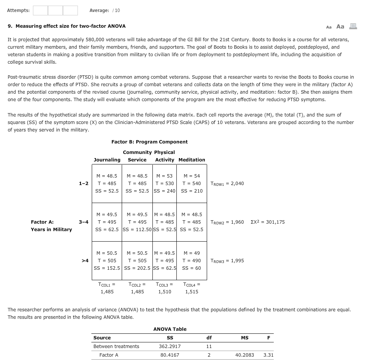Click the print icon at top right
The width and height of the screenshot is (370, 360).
(x=353, y=26)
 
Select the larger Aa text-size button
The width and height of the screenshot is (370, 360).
(x=340, y=26)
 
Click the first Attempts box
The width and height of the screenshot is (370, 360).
(x=40, y=10)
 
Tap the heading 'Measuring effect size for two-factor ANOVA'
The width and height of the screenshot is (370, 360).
(x=67, y=26)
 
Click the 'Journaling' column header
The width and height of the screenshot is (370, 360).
(x=107, y=160)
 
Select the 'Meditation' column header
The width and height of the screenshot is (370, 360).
(x=192, y=160)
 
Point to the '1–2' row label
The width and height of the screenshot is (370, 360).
(x=84, y=184)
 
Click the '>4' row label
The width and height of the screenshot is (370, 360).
(x=85, y=261)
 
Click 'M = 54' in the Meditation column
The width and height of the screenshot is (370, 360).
(x=192, y=176)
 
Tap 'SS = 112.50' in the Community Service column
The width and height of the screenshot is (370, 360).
(x=137, y=230)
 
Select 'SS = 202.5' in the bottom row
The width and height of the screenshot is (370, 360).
(x=137, y=268)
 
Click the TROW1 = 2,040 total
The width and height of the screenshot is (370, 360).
(x=227, y=184)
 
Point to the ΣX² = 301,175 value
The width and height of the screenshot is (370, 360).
(x=268, y=222)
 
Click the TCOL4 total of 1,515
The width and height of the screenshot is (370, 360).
(x=192, y=288)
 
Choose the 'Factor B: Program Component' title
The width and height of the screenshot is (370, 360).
(x=149, y=142)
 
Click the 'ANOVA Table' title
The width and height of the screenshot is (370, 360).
(x=170, y=329)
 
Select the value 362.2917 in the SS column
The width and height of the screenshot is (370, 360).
(x=170, y=347)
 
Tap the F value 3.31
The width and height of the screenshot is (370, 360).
(x=268, y=355)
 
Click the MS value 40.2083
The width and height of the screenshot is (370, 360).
(x=245, y=355)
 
